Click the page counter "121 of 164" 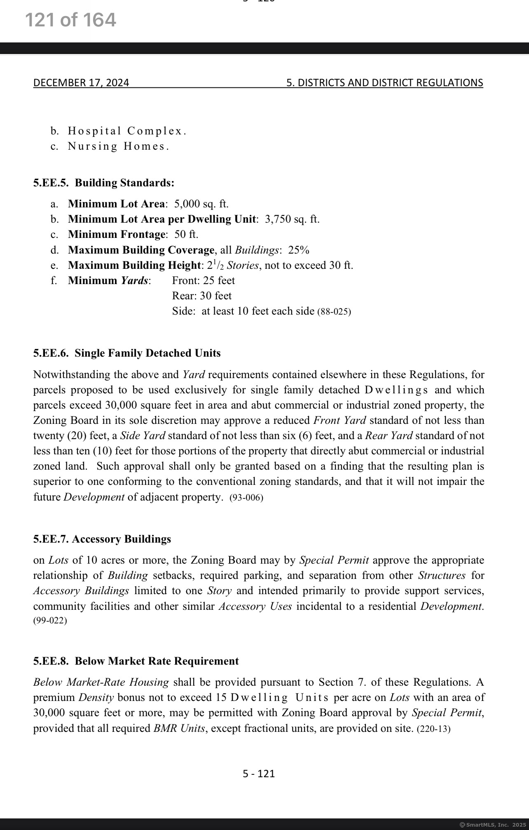coord(70,20)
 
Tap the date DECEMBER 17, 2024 coord(81,83)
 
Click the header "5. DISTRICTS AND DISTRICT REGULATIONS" coord(384,83)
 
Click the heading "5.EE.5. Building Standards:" coord(104,183)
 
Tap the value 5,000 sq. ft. coord(201,204)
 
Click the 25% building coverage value coord(299,250)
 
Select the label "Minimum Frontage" coord(117,234)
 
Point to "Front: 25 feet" coord(204,280)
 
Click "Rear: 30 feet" coord(202,296)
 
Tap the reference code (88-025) coord(334,311)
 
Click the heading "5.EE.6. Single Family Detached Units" coord(127,353)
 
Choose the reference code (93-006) coord(246,497)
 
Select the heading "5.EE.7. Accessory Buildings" coord(102,539)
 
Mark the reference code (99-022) coord(50,620)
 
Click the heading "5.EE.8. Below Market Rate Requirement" coord(136,661)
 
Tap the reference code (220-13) coord(434,729)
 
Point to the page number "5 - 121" coord(259,774)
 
